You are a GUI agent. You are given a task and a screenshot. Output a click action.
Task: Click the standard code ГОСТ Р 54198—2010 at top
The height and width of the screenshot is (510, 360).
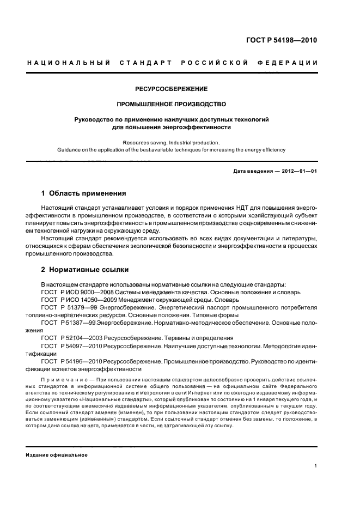282,40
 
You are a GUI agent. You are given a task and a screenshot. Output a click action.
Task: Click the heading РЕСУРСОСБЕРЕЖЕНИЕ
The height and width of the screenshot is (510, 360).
172,88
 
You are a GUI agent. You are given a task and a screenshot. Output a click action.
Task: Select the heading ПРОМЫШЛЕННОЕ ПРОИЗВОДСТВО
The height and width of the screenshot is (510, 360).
172,104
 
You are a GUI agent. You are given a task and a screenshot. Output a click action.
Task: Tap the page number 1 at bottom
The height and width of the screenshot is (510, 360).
316,466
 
